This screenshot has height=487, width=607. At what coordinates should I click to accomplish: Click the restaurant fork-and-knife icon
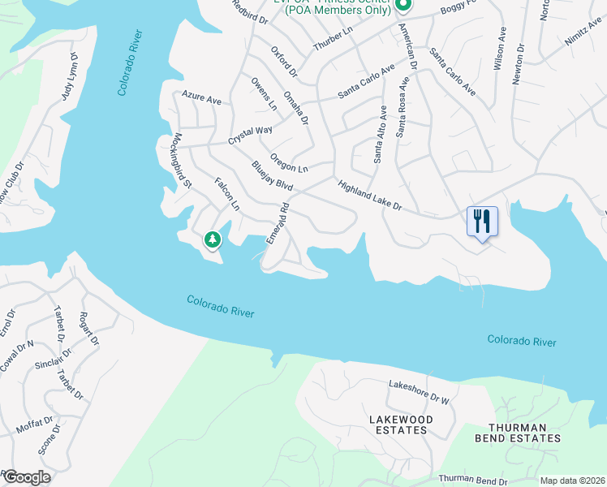point(482,220)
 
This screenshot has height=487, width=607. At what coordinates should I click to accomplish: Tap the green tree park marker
point(212,239)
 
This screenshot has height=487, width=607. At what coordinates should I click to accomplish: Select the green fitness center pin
point(403,5)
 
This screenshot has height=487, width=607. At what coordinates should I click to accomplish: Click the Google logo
point(26,477)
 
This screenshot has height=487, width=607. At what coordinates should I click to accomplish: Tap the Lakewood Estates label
point(400,425)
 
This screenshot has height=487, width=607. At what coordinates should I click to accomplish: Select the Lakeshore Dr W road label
point(419,391)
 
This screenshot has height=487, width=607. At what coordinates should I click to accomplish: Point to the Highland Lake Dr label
point(370,196)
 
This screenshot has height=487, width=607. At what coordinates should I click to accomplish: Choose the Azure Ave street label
point(202,98)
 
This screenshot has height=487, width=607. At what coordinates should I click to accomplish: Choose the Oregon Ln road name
point(290,163)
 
